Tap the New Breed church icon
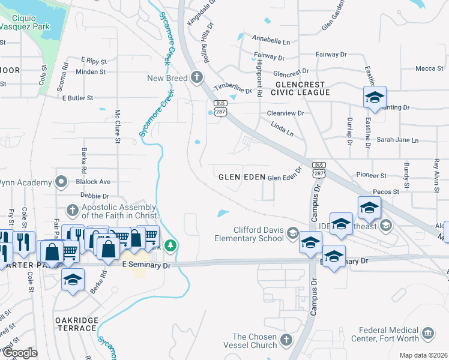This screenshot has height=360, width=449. (x=196, y=77)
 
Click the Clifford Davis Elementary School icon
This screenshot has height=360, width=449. (x=293, y=233)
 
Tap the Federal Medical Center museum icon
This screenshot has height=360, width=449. (x=427, y=333)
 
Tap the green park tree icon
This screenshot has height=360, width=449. (x=170, y=245)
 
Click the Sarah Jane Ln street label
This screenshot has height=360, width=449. (x=397, y=140)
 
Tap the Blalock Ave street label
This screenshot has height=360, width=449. (x=93, y=181)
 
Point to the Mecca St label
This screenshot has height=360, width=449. (x=429, y=68)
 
